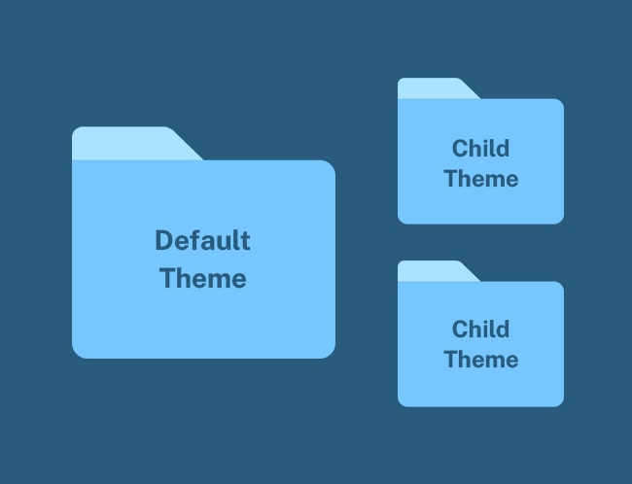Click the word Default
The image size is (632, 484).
[x=203, y=241]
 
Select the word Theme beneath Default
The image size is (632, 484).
[x=203, y=278]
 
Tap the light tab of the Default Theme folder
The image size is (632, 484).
[x=137, y=144]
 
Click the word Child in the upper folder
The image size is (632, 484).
[x=481, y=149]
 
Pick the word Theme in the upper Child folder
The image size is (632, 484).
[x=481, y=179]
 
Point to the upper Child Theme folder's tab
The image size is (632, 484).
[x=439, y=88]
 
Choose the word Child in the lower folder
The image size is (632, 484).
[x=481, y=328]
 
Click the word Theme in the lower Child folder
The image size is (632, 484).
[x=481, y=359]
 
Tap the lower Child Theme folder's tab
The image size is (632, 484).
[x=439, y=271]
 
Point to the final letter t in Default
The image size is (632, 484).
[x=245, y=242]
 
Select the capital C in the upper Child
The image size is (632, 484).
[x=460, y=149]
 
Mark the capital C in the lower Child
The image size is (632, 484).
[x=460, y=328]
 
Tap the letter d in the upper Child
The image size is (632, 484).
[x=503, y=149]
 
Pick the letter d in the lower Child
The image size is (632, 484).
[x=503, y=328]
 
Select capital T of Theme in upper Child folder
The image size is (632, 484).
[x=451, y=179]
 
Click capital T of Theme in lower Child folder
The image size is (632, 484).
[x=451, y=359]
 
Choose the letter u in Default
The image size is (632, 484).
[x=224, y=243]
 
